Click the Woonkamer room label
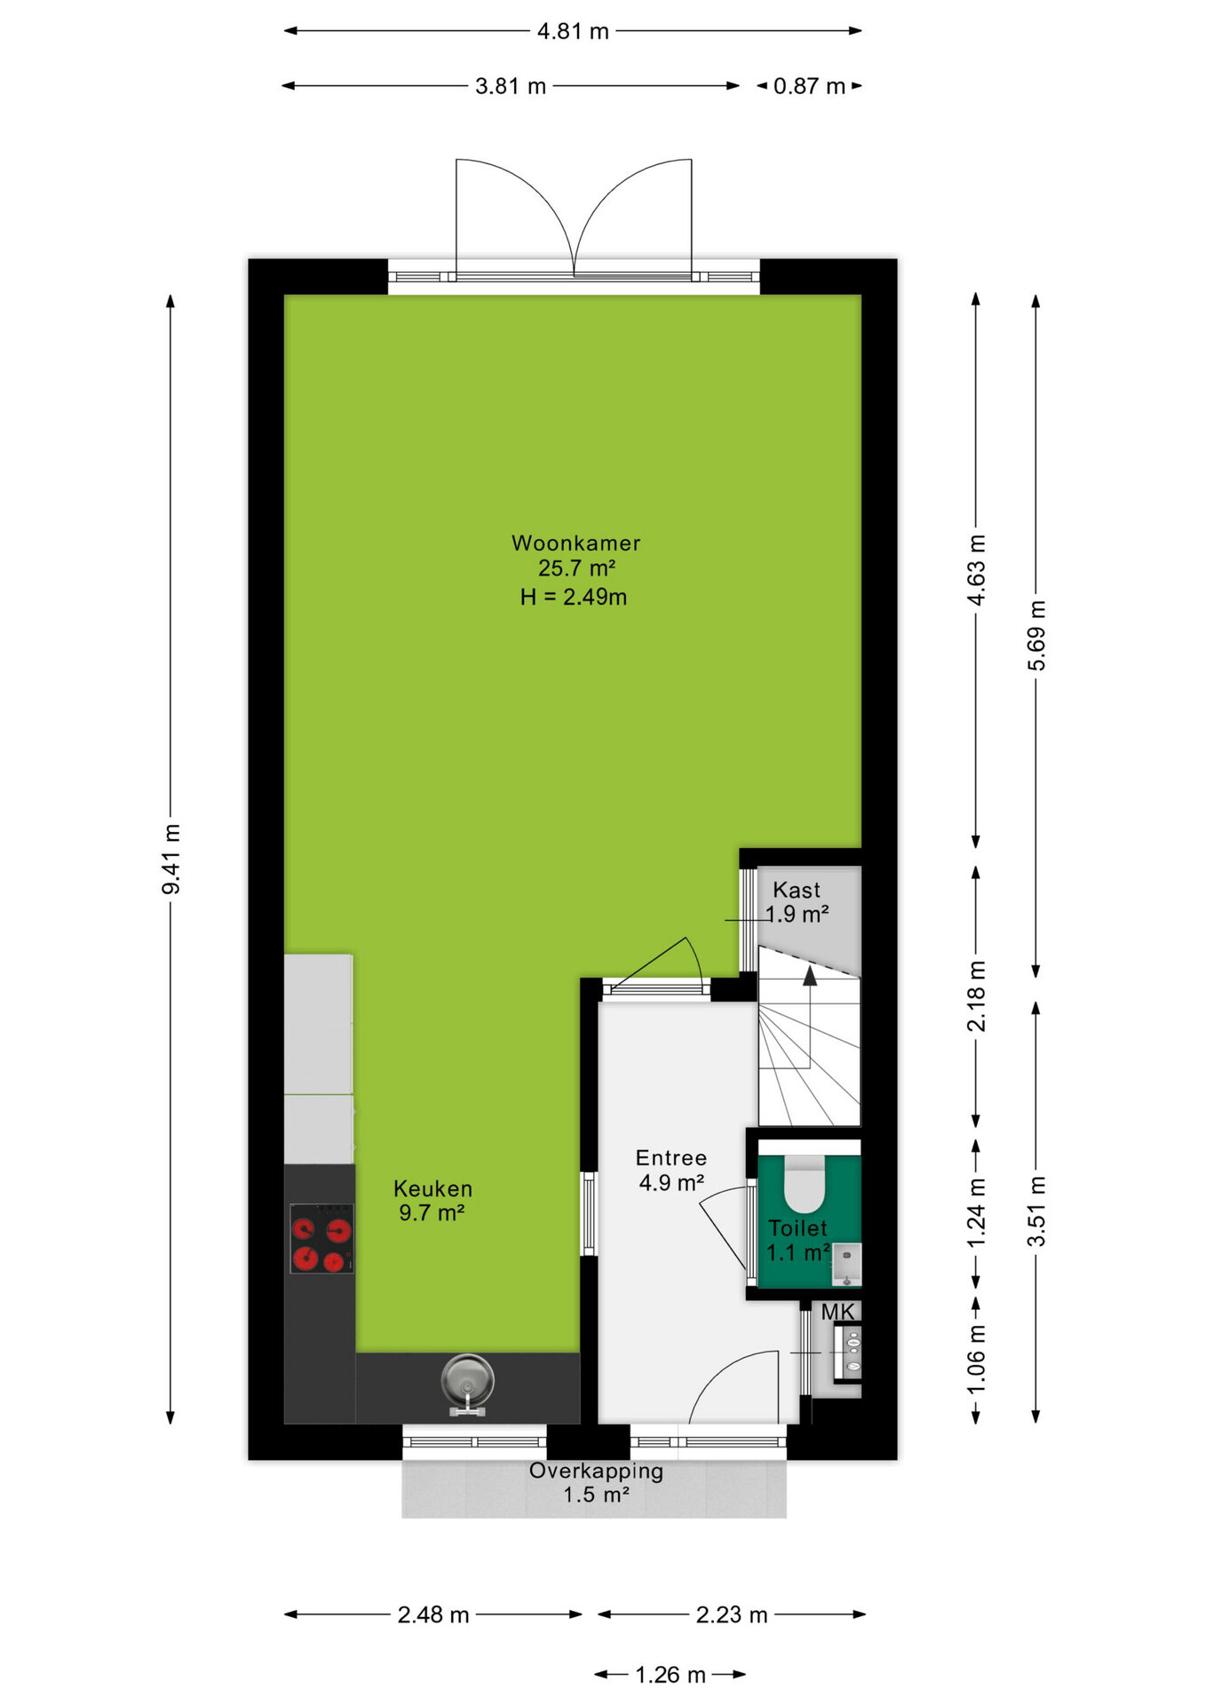575,543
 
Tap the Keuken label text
432,1188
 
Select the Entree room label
671,1158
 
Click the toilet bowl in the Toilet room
805,1185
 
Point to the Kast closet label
797,890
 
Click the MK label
837,1312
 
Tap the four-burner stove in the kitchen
321,1238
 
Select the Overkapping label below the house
596,1471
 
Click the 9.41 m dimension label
171,859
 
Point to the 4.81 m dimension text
573,31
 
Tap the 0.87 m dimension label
809,86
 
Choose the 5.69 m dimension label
1036,636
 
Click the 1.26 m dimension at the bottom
670,1675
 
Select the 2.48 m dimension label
433,1614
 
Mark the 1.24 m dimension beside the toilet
976,1212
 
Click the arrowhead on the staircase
810,976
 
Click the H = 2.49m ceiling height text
574,597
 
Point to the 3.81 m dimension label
511,86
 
